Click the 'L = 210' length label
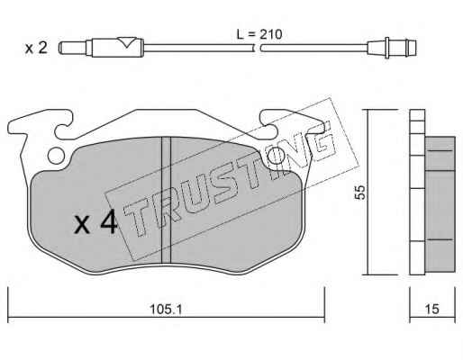coord(259,34)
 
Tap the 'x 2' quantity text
coord(36,48)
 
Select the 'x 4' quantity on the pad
coord(95,222)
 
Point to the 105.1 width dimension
coord(166,309)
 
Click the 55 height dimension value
coord(360,192)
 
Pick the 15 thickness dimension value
coord(432,309)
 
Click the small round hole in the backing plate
coord(56,157)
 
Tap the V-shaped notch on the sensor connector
coord(127,42)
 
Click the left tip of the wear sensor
coord(60,48)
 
